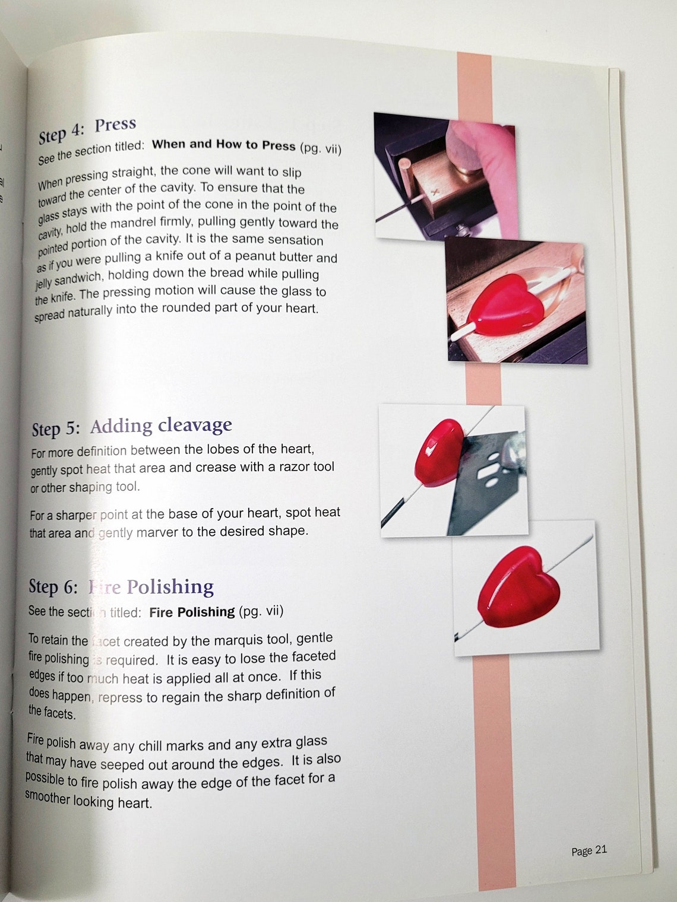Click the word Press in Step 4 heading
click(116, 125)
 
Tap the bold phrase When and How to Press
click(224, 144)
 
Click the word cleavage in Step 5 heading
click(195, 425)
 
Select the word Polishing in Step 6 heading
click(170, 586)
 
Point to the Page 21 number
click(589, 850)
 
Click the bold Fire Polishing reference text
click(192, 612)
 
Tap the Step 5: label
click(55, 429)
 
